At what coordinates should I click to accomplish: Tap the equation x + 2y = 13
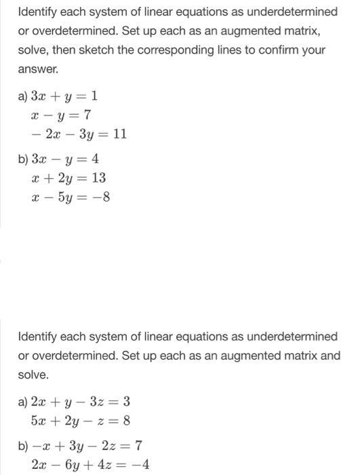pyautogui.click(x=68, y=178)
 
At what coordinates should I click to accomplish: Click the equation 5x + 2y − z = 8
pyautogui.click(x=81, y=421)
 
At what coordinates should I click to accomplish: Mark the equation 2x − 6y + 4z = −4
pyautogui.click(x=91, y=465)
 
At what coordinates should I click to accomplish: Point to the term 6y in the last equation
pyautogui.click(x=71, y=465)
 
